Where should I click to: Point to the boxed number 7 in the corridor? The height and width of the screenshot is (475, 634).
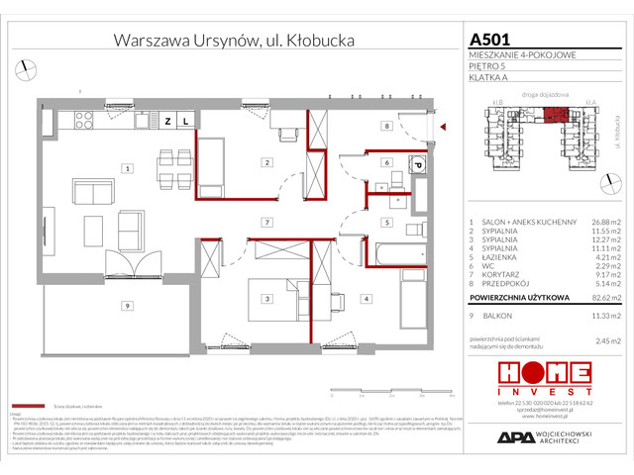tap(266, 222)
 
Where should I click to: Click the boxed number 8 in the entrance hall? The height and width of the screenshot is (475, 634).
tap(388, 127)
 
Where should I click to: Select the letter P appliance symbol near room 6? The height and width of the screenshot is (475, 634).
tap(418, 165)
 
